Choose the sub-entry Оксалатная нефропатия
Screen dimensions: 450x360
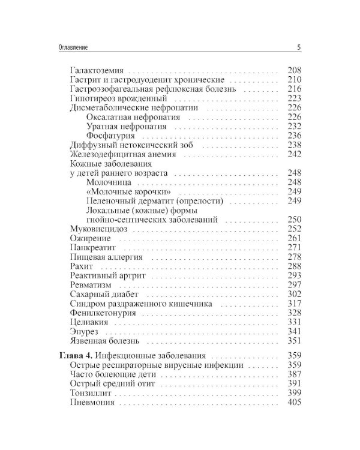coord(128,117)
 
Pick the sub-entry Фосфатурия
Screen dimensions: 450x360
coord(107,136)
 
